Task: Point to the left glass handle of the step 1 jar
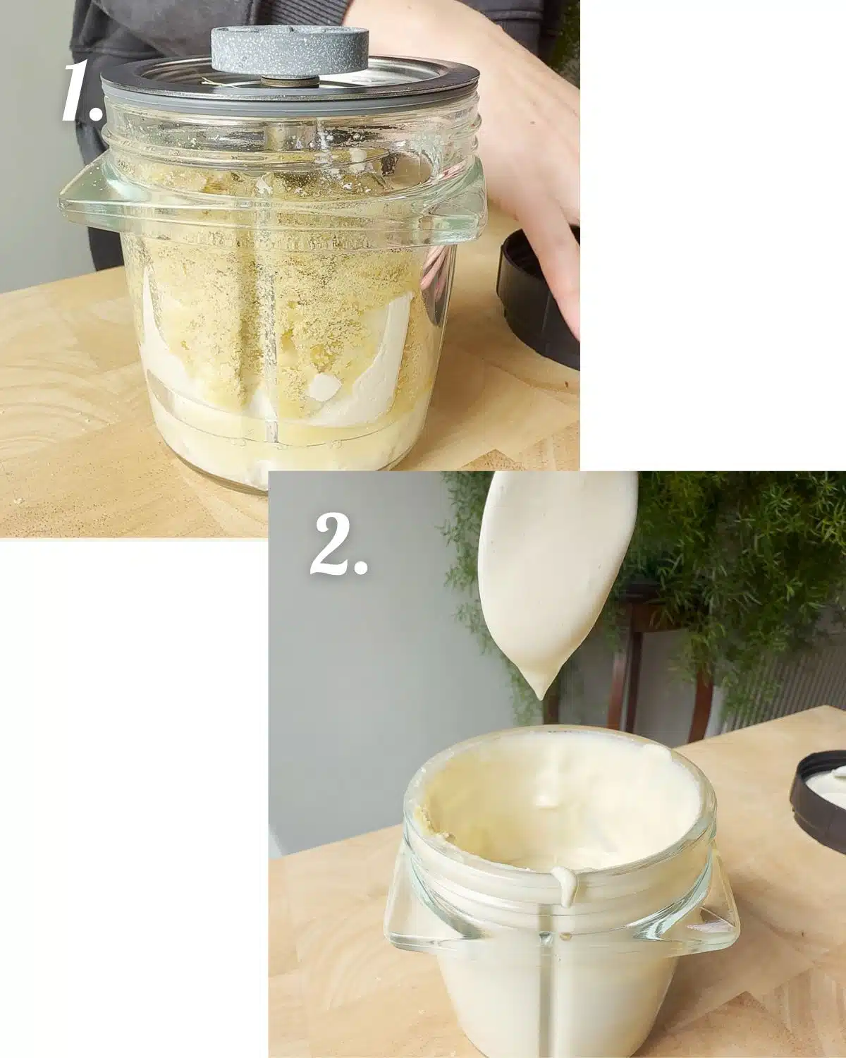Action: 85,201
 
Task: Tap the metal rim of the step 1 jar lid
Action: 282,88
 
